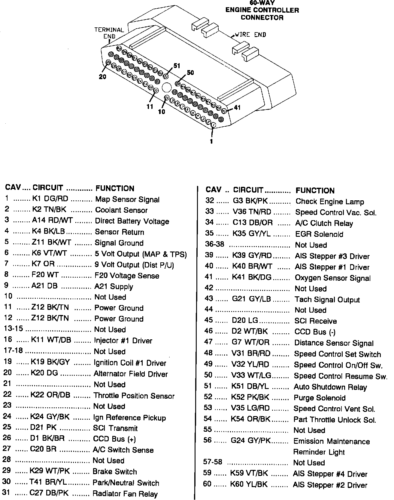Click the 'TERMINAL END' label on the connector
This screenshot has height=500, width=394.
pyautogui.click(x=109, y=33)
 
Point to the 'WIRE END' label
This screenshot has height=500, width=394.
pyautogui.click(x=250, y=35)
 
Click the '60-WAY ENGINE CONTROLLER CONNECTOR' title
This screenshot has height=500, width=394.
pyautogui.click(x=262, y=11)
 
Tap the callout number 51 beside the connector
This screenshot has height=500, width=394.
pyautogui.click(x=177, y=66)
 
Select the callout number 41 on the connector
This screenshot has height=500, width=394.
pyautogui.click(x=237, y=107)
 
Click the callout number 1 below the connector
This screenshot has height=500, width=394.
pyautogui.click(x=211, y=141)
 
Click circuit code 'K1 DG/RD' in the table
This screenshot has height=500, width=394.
pyautogui.click(x=50, y=199)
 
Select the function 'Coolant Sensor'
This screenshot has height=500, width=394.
pyautogui.click(x=121, y=210)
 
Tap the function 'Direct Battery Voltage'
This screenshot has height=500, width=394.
pyautogui.click(x=132, y=221)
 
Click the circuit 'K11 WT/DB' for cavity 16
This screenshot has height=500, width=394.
pyautogui.click(x=51, y=340)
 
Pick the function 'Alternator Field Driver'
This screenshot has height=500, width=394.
pyautogui.click(x=130, y=374)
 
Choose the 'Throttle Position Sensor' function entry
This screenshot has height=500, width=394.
pyautogui.click(x=134, y=396)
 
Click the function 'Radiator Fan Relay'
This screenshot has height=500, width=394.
pyautogui.click(x=125, y=494)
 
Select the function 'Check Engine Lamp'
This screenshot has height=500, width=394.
pyautogui.click(x=330, y=202)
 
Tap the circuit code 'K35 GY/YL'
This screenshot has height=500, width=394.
pyautogui.click(x=252, y=234)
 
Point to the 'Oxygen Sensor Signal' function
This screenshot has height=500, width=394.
pyautogui.click(x=333, y=278)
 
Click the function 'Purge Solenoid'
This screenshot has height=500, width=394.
pyautogui.click(x=320, y=398)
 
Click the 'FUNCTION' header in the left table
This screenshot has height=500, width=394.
pyautogui.click(x=115, y=189)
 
